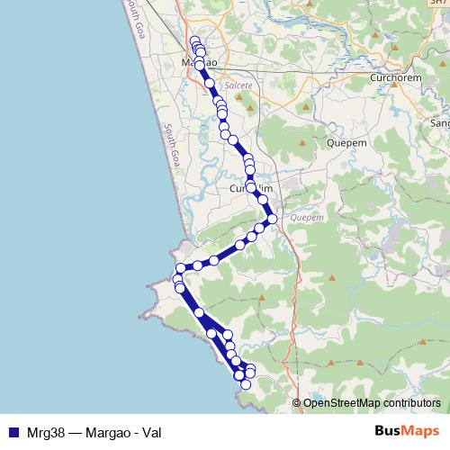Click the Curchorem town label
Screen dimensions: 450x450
tap(396, 78)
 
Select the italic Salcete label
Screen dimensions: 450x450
tap(238, 85)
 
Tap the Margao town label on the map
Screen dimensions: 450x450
tap(199, 63)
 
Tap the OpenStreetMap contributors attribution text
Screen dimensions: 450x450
tap(372, 403)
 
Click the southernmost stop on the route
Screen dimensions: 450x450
tap(245, 385)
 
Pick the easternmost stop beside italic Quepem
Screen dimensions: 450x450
tap(271, 219)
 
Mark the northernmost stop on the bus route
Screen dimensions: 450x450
tap(194, 40)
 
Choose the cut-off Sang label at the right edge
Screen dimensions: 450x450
tap(440, 122)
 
